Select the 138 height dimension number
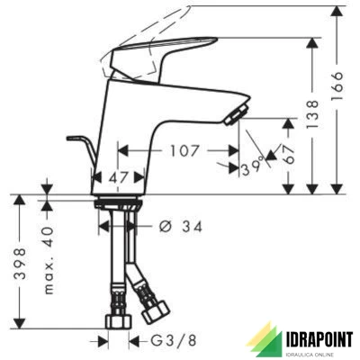tap(312, 114)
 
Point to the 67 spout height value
tap(289, 154)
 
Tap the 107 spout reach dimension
tap(184, 150)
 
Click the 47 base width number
tap(119, 177)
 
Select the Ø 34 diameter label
tap(180, 227)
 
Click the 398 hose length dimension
tap(21, 264)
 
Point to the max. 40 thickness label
tap(49, 260)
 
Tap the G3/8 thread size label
tap(174, 340)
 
